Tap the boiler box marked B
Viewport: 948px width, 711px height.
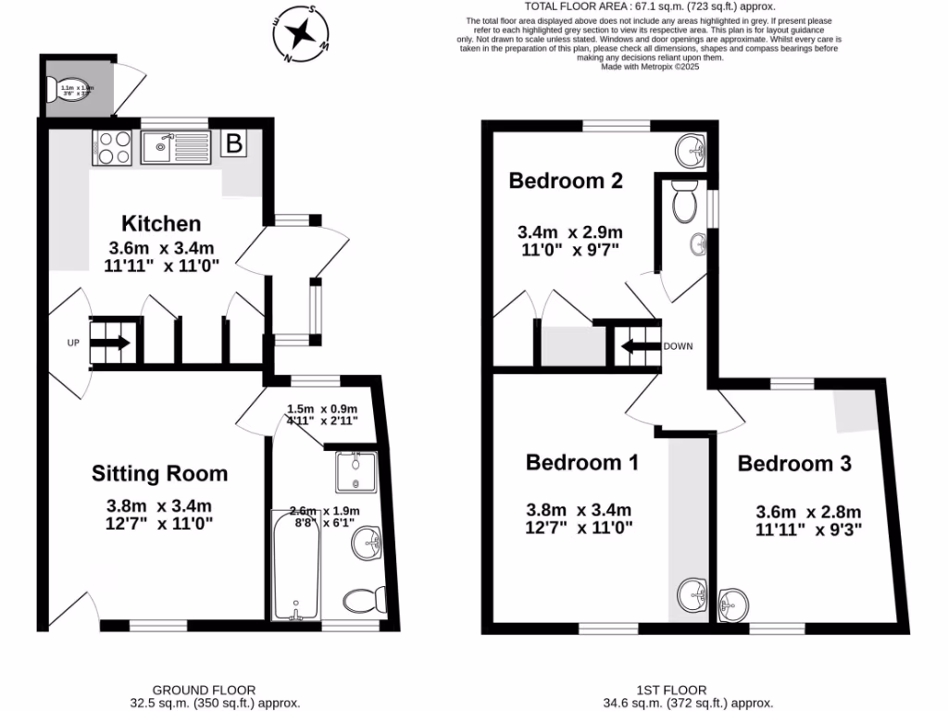(x=235, y=143)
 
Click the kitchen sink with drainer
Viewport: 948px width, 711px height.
(x=176, y=146)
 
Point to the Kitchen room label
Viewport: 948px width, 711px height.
(x=161, y=223)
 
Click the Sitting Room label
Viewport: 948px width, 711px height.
(x=159, y=474)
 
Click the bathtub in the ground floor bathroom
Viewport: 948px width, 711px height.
(x=295, y=565)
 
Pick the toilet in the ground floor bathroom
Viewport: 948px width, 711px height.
(x=365, y=600)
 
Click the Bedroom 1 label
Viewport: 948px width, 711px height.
(x=581, y=462)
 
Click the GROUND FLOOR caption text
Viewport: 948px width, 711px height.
(x=204, y=690)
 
